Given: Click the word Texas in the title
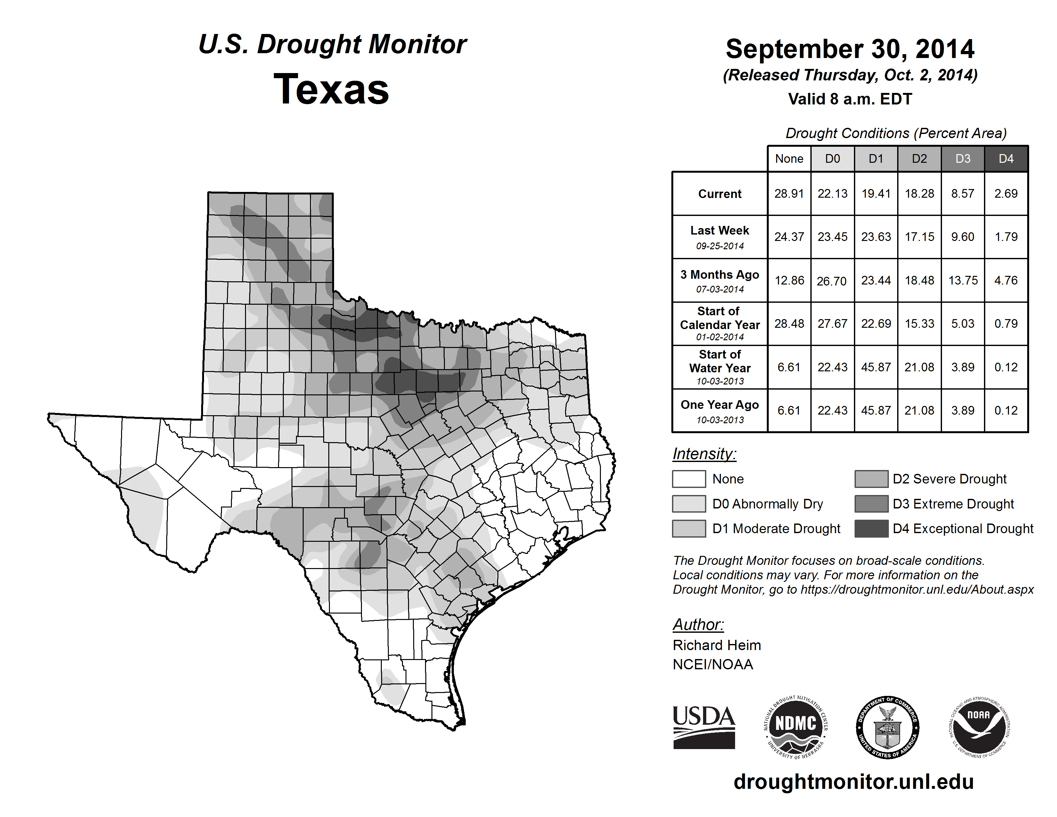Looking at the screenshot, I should coord(331,89).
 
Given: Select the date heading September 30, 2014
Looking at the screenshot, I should coord(850,49).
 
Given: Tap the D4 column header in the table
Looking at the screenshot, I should coord(1006,159).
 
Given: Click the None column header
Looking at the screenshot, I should coord(789,159).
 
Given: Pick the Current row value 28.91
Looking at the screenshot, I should coord(789,194).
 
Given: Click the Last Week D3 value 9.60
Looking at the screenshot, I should coord(963,237).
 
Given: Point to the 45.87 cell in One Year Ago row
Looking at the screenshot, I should coord(876,410).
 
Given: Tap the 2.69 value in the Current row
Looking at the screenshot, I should coord(1006,194).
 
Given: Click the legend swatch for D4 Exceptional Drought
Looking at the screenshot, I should coord(871,529).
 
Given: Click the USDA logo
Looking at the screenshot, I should coord(704,727).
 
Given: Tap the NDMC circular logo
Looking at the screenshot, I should coord(796,727).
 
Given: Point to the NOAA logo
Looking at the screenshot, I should coord(979,727).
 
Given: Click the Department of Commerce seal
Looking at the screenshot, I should coord(887,727).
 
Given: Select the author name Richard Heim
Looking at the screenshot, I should coord(717,645).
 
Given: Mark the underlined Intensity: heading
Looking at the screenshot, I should coord(704,454).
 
